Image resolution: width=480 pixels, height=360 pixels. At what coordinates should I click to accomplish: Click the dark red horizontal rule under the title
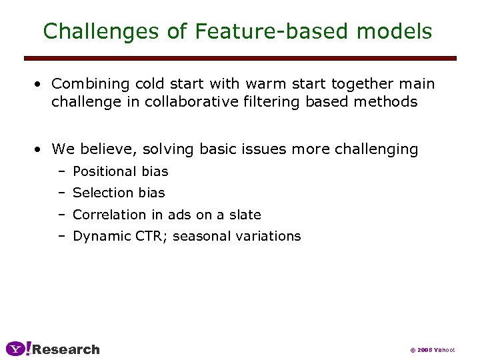[x=240, y=59]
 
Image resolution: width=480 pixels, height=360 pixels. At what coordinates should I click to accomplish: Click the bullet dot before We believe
[x=40, y=149]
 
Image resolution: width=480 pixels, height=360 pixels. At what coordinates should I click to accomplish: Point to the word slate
[x=245, y=215]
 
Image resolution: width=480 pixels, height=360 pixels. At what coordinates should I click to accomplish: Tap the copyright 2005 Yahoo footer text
[x=432, y=350]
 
